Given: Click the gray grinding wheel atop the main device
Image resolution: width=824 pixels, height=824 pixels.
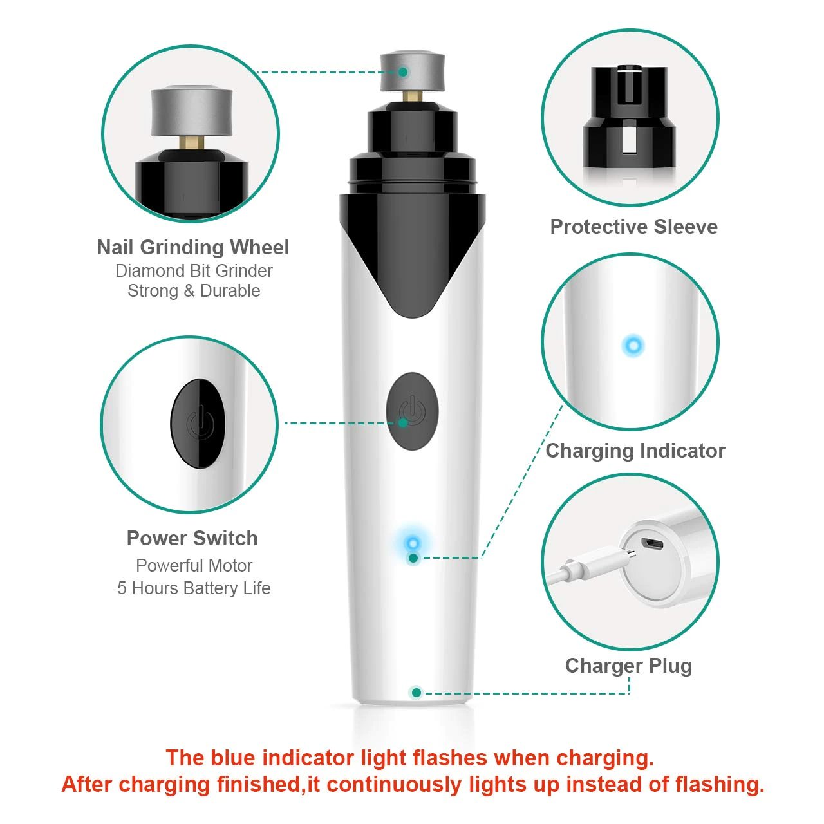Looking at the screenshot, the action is click(412, 72).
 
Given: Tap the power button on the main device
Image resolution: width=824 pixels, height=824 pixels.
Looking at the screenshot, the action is click(412, 411).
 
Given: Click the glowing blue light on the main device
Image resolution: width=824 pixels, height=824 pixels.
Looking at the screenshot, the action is click(413, 543).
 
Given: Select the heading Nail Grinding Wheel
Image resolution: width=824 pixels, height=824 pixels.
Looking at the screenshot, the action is click(193, 247).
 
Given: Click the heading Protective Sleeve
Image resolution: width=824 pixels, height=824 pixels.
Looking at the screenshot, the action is click(633, 227).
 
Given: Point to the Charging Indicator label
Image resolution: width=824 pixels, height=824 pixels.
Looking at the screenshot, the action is click(635, 451).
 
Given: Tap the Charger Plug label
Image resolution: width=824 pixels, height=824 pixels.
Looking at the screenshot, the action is click(628, 666).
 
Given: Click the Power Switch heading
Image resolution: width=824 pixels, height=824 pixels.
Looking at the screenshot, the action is click(192, 538).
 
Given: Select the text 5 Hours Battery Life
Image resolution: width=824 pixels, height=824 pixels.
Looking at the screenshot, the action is click(194, 588).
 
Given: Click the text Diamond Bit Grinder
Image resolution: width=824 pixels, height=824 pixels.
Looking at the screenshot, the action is click(194, 270).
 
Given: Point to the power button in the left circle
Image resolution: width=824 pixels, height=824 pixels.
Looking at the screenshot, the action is click(198, 424).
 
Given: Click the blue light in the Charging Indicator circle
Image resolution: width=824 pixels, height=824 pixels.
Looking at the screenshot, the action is click(633, 346).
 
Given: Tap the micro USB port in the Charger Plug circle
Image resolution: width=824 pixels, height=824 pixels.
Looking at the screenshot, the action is click(651, 545).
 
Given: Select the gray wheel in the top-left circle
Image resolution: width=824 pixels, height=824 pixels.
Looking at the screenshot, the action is click(192, 112).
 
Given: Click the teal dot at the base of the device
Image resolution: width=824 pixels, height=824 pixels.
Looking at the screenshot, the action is click(416, 692).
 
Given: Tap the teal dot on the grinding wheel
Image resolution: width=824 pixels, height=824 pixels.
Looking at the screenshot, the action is click(403, 72).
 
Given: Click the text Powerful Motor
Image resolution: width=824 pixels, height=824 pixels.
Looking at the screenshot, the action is click(194, 565).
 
